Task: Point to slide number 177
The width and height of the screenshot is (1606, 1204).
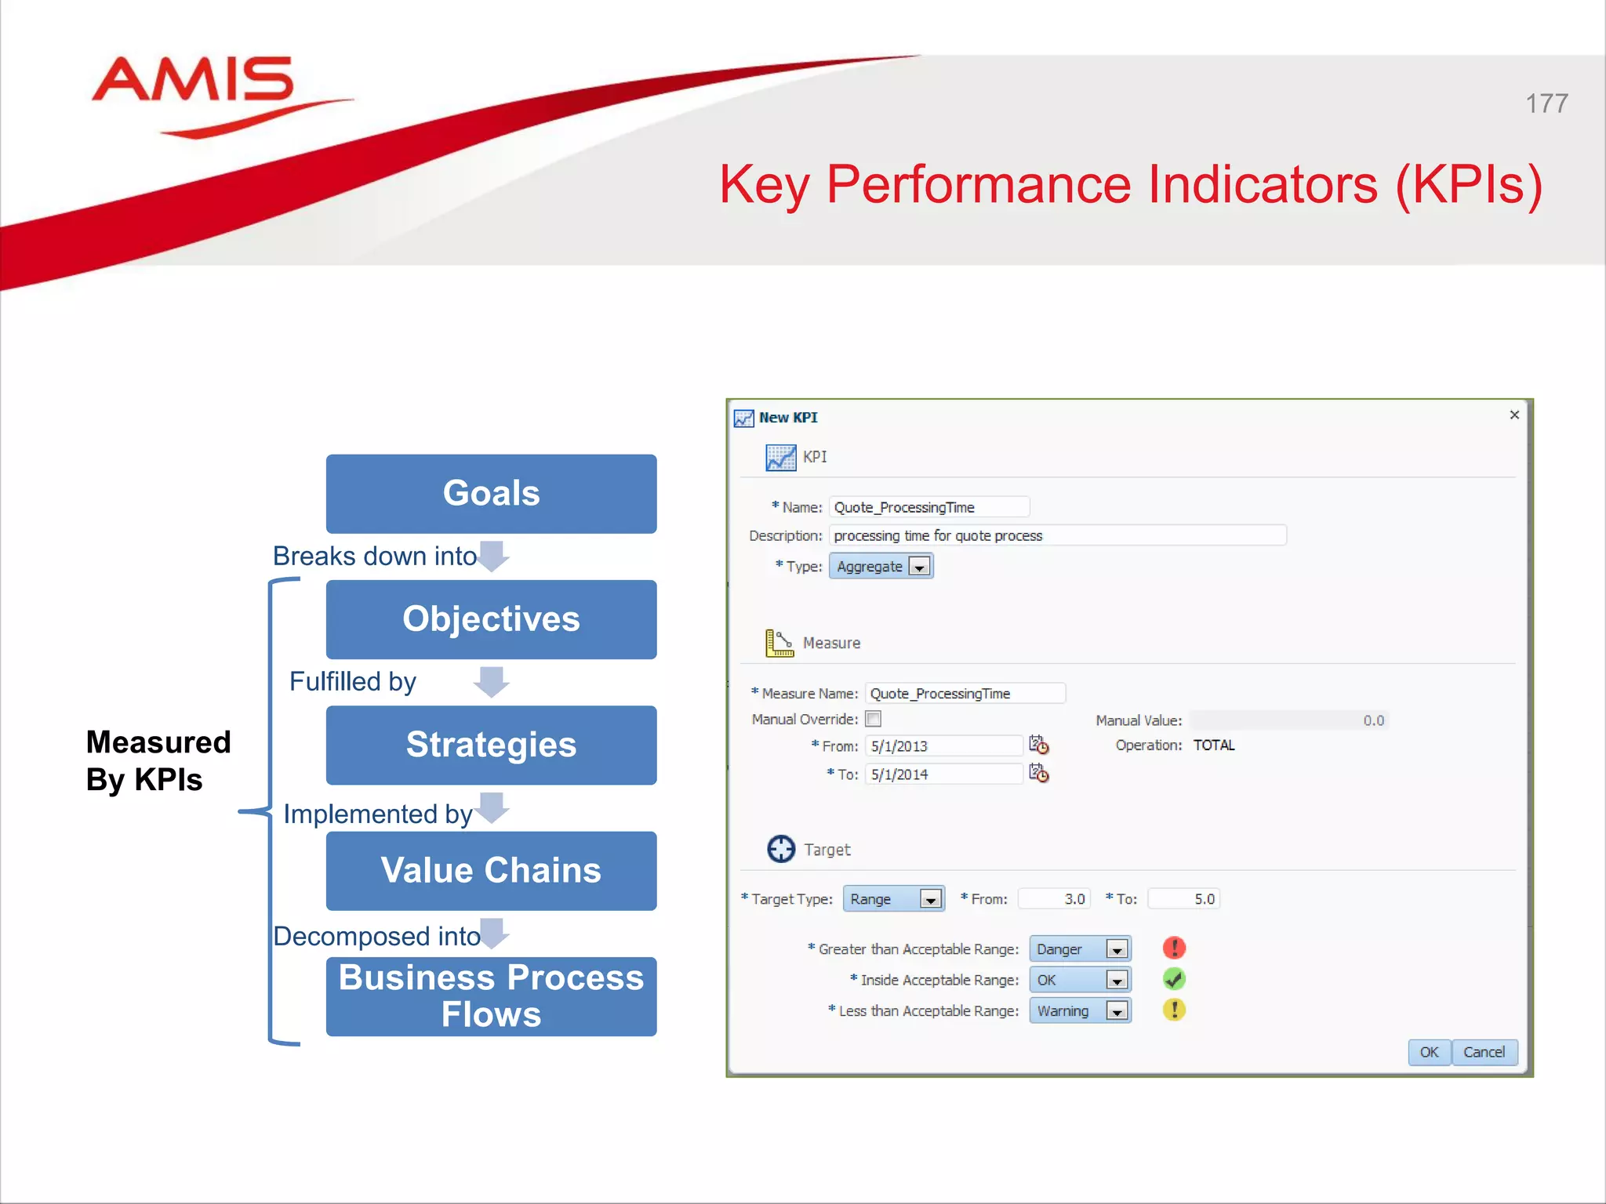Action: pyautogui.click(x=1546, y=103)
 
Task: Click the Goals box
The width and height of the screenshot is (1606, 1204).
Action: pyautogui.click(x=491, y=494)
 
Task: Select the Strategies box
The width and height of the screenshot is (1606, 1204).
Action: pyautogui.click(x=491, y=745)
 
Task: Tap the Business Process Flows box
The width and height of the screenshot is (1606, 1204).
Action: pyautogui.click(x=491, y=995)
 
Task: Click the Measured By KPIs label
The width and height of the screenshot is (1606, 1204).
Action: pyautogui.click(x=158, y=760)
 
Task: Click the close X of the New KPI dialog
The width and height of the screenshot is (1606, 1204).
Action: pyautogui.click(x=1514, y=415)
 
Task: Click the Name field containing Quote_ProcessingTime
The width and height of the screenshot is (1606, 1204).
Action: pyautogui.click(x=928, y=507)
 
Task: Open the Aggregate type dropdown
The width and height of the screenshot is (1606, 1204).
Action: pyautogui.click(x=919, y=567)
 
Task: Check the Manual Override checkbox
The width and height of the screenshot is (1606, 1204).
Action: pyautogui.click(x=874, y=719)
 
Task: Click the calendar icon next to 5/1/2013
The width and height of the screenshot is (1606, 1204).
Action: pyautogui.click(x=1039, y=745)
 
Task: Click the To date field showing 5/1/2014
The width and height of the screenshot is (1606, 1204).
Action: pyautogui.click(x=943, y=774)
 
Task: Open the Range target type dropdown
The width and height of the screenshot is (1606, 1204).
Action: pyautogui.click(x=930, y=899)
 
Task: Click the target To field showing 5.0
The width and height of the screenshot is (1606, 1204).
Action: pyautogui.click(x=1183, y=899)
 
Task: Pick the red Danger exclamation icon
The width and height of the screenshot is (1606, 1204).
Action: pyautogui.click(x=1174, y=948)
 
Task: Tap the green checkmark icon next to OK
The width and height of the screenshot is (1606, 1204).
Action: pyautogui.click(x=1174, y=979)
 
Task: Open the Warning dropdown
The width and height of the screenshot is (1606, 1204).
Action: pyautogui.click(x=1117, y=1011)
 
